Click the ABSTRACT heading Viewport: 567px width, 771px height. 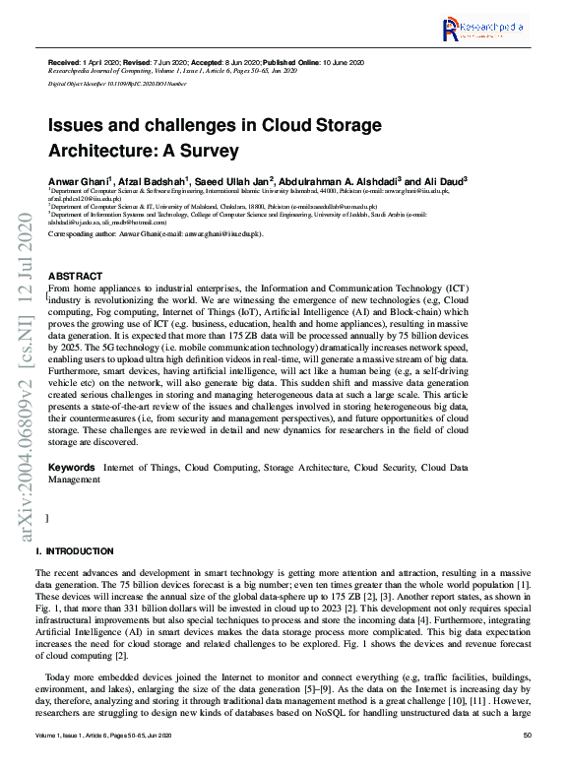tap(75, 276)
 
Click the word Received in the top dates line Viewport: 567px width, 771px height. tap(64, 63)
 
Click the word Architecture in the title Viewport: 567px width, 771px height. tap(104, 152)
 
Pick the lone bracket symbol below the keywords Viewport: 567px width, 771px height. tap(48, 517)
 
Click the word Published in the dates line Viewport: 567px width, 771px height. tap(312, 63)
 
